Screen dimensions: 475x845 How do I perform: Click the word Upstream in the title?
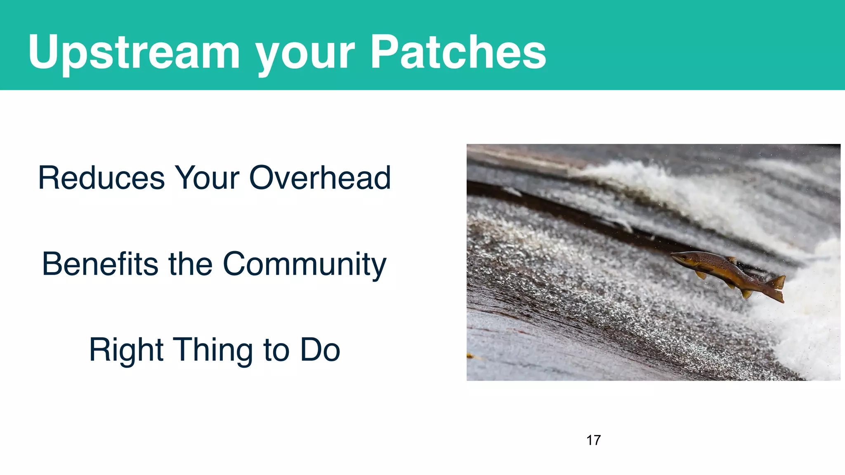tap(134, 53)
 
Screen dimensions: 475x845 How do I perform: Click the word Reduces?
tap(101, 178)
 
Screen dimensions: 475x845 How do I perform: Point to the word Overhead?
tap(320, 178)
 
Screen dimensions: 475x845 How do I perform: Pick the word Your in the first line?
tap(207, 178)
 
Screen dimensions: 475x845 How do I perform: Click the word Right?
tap(126, 350)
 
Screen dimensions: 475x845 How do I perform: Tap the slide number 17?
tap(593, 440)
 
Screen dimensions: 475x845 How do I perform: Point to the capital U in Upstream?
tap(44, 52)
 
